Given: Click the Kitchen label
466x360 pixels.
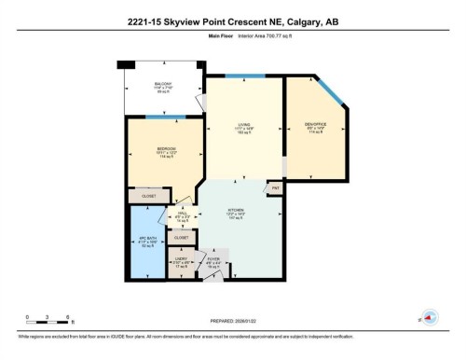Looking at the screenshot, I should click(x=237, y=213).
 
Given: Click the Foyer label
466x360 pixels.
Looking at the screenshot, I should click(x=212, y=261).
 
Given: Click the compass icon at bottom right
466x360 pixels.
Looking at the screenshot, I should click(x=430, y=316).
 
